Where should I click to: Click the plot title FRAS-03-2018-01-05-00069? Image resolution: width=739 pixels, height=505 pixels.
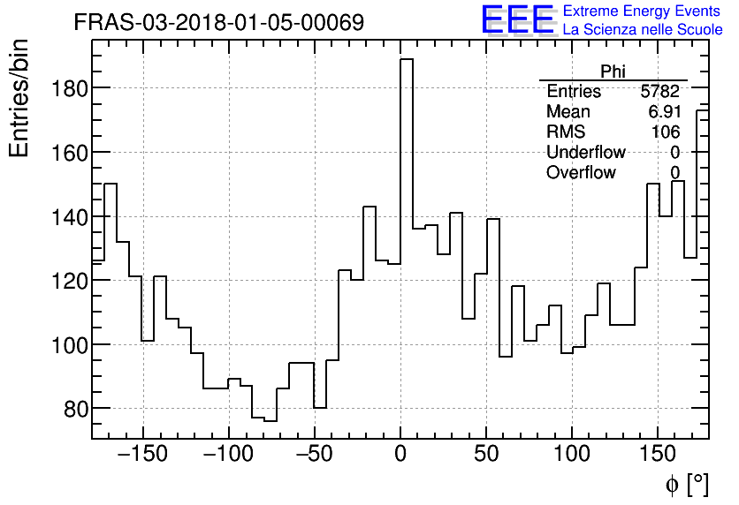coord(218,23)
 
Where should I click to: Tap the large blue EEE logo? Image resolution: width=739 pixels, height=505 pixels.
coord(518,20)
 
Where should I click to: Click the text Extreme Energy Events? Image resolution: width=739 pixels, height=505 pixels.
coord(642,11)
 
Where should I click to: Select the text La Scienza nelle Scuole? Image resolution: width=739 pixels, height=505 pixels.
coord(642,31)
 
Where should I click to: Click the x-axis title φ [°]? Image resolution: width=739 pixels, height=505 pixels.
coord(687,484)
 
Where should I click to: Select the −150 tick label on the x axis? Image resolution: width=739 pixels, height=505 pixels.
coord(143,455)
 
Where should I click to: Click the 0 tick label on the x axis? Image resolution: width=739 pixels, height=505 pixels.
coord(400,455)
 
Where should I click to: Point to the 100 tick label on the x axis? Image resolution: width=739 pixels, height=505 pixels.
coord(572,455)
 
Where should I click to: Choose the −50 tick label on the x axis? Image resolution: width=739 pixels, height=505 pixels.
coord(314,455)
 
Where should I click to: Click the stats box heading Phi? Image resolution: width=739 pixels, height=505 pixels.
coord(613,72)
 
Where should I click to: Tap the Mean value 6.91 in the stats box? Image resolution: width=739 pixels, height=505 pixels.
coord(664,112)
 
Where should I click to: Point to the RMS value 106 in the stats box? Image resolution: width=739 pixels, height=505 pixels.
coord(667,132)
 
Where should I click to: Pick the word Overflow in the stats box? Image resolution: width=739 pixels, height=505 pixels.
coord(581,173)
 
